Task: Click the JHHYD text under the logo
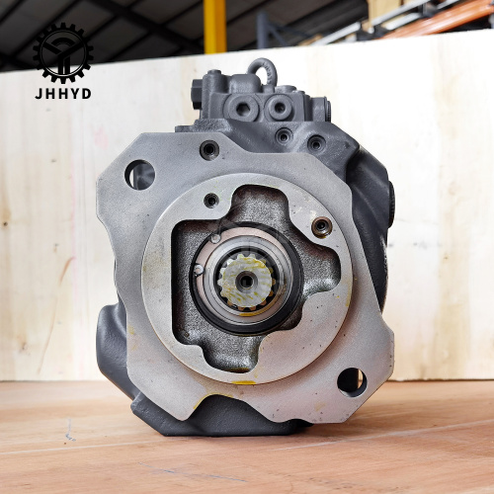(63, 94)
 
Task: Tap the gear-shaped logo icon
(63, 52)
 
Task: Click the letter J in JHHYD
(39, 94)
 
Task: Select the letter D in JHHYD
(86, 94)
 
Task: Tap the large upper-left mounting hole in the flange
(139, 175)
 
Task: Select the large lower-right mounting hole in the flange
(352, 382)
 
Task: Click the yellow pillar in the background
(215, 27)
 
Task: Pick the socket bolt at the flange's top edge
(209, 150)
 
